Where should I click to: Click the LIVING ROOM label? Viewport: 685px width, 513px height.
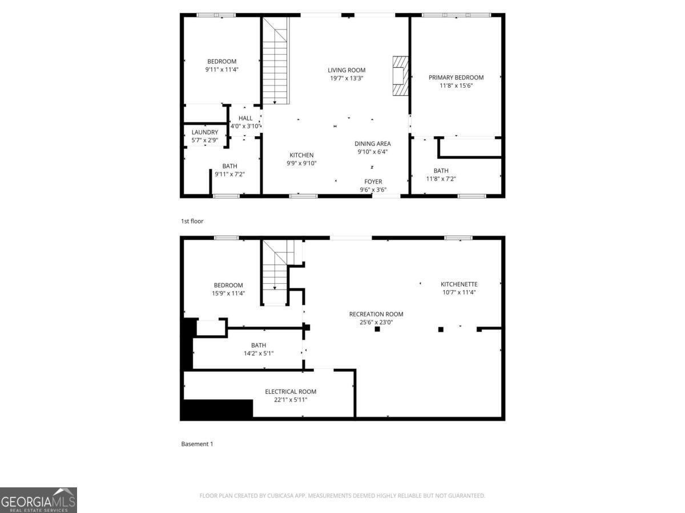pos(346,70)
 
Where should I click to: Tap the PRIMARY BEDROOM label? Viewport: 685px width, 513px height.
pos(456,78)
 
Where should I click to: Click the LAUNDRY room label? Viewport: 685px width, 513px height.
pos(204,132)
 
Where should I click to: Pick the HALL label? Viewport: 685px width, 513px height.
pos(245,118)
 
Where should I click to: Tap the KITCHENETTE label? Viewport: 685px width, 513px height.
pos(459,284)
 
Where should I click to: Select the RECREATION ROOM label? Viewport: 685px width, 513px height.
pos(376,314)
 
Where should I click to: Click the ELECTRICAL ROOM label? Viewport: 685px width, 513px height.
pos(291,392)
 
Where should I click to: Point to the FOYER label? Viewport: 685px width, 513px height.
pos(373,182)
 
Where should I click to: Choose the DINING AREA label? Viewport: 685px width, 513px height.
pos(373,144)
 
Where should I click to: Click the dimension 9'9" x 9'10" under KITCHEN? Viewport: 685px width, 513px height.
pos(301,163)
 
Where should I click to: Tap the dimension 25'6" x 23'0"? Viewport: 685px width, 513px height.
pos(376,322)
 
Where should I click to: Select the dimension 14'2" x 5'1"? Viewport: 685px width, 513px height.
pos(259,353)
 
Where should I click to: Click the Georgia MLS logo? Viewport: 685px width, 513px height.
pos(38,500)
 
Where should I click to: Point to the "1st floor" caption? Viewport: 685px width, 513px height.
pos(192,221)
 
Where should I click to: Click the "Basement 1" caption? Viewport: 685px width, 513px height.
pos(197,443)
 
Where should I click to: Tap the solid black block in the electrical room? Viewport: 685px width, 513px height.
pos(217,409)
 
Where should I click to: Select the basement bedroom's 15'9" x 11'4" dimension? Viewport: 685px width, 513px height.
pos(228,294)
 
